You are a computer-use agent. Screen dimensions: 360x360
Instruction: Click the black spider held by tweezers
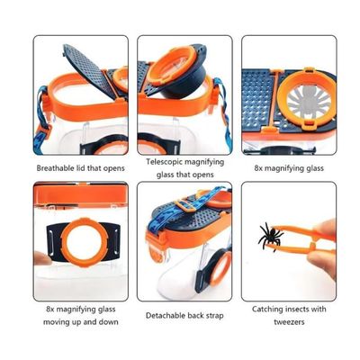coord(270,236)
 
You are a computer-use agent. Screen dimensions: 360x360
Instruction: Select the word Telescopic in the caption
coord(165,162)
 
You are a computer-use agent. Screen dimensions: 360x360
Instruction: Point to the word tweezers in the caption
coord(289,322)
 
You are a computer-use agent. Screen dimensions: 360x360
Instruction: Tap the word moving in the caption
coord(53,322)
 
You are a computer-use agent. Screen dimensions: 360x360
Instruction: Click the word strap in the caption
coord(214,316)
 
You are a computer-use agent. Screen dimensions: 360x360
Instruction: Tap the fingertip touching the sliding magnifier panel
coord(41,259)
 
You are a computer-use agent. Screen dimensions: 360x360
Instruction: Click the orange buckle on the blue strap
coord(184,204)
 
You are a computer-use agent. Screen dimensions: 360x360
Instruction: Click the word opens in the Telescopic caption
coord(203,175)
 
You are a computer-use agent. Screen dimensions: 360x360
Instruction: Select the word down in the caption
coord(109,322)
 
